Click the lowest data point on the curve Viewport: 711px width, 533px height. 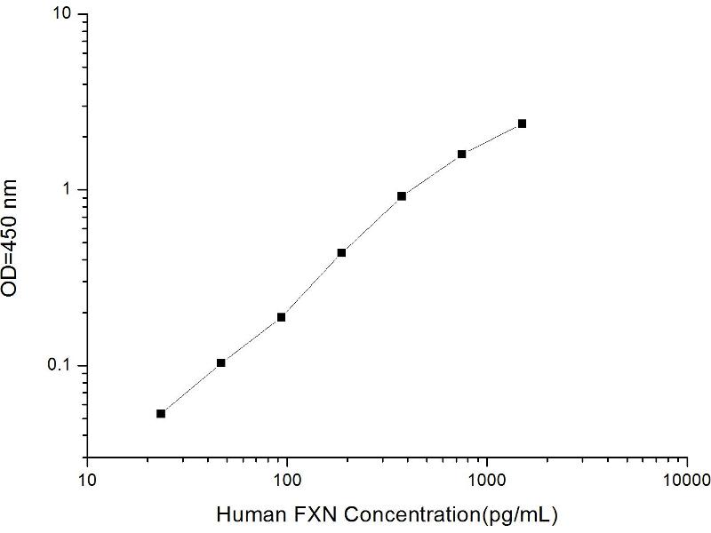coord(161,413)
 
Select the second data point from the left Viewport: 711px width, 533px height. coord(221,362)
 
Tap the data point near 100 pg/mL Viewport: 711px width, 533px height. coord(281,317)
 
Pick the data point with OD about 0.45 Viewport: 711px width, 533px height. coord(341,252)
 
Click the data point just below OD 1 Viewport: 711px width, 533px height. coord(402,195)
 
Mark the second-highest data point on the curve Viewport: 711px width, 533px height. coord(462,154)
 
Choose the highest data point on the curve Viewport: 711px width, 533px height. coord(522,123)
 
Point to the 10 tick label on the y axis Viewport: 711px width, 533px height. coord(67,16)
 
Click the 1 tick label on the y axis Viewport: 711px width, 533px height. coord(73,190)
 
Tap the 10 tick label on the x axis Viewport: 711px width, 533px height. coord(86,479)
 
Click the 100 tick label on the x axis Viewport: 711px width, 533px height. coord(286,479)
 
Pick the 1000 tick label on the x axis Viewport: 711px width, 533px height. coord(486,479)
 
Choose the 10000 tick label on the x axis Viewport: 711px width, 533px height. coord(686,479)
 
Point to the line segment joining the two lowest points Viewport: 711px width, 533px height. coord(191,388)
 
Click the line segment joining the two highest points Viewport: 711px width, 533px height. coord(492,139)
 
